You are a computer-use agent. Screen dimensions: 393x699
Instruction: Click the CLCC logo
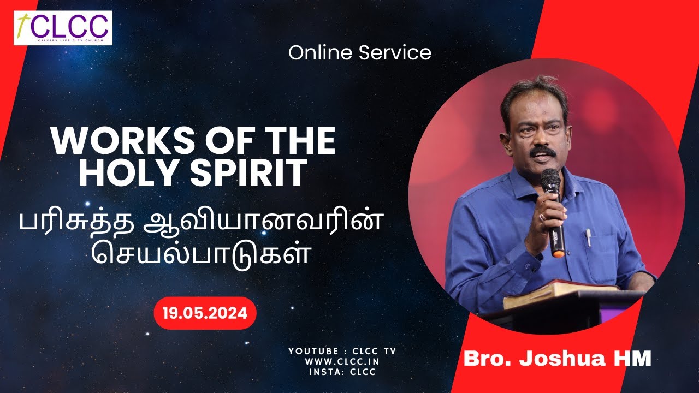point(63,27)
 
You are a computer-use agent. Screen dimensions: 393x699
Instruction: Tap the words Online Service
point(360,53)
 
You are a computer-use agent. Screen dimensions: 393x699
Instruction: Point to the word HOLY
point(121,173)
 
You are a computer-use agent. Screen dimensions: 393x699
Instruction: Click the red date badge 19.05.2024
point(205,313)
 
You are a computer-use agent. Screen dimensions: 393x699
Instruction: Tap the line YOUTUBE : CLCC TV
point(342,351)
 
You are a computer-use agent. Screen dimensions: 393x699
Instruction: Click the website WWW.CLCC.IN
point(342,361)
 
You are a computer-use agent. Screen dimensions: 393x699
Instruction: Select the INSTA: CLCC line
point(342,372)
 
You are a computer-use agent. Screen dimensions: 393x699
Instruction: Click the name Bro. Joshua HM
point(558,359)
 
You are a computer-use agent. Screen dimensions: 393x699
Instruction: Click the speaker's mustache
point(543,150)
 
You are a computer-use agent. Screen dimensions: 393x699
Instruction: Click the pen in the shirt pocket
point(588,237)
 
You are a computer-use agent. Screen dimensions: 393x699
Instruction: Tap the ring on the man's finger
point(542,217)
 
